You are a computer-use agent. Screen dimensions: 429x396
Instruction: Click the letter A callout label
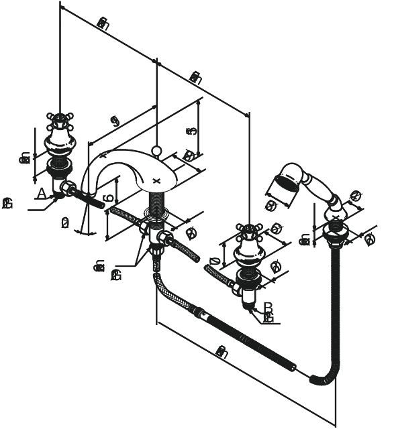click(41, 194)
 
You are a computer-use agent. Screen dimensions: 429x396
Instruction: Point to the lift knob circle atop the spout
click(156, 151)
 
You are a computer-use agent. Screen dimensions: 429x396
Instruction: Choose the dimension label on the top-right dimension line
click(195, 78)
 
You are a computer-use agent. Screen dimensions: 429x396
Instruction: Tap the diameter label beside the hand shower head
click(273, 206)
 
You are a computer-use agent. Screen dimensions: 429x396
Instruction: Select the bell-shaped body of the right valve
click(249, 255)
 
